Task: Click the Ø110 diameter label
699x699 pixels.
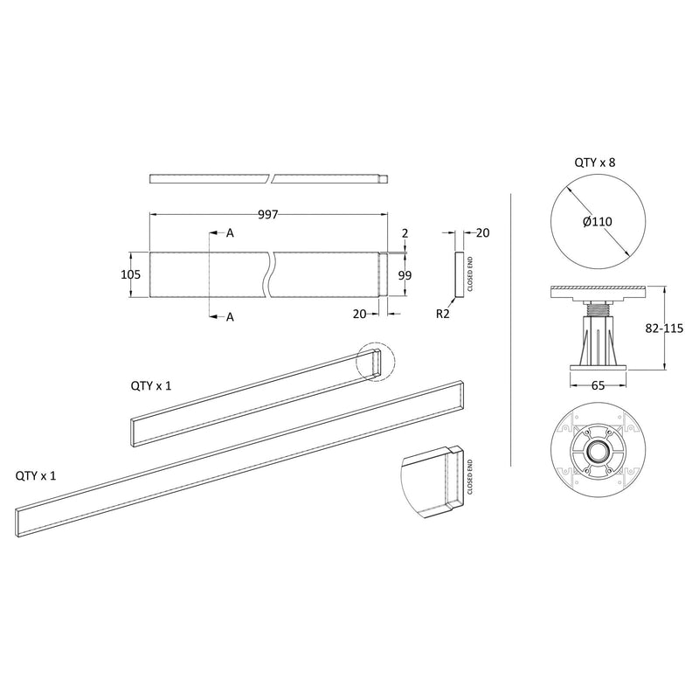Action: [597, 222]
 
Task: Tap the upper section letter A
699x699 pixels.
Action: [231, 233]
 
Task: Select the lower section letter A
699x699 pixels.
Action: [231, 317]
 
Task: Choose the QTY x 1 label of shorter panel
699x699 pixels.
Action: [152, 385]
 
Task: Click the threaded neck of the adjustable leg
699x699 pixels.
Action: [599, 308]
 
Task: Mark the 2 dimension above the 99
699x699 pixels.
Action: [405, 233]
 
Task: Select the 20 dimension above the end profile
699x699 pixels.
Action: [483, 232]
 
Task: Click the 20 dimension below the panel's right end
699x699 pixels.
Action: [360, 312]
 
